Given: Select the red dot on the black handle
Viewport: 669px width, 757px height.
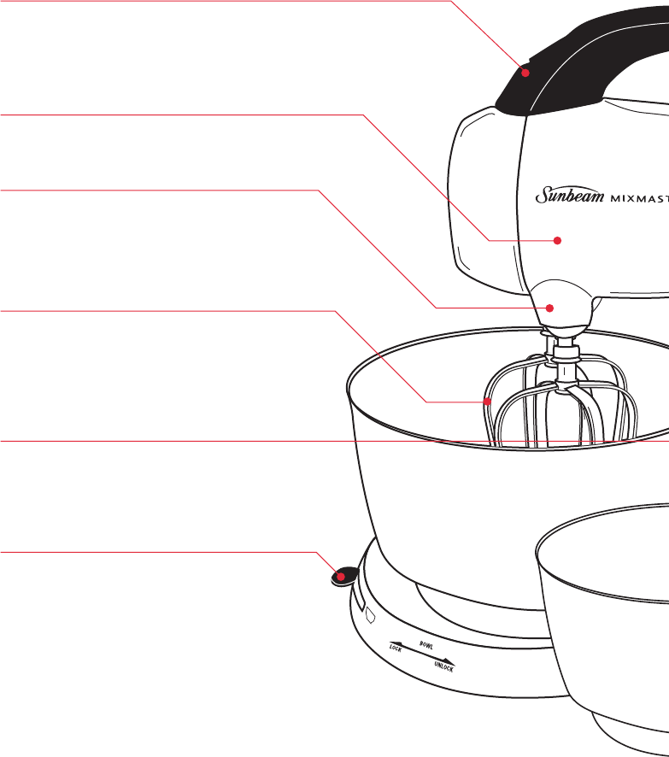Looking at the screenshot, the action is coord(526,73).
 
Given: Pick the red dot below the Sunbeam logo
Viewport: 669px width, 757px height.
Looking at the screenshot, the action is coord(559,241).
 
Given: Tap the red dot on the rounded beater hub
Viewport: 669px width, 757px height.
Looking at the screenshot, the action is coord(551,308).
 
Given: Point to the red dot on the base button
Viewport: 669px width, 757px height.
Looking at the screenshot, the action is coord(341,577).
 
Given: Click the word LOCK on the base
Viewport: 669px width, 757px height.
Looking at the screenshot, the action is coord(396,648).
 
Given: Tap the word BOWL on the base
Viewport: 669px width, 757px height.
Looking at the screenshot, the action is coord(425,639).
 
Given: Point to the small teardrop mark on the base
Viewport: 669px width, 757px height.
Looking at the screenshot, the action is coord(371,613).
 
